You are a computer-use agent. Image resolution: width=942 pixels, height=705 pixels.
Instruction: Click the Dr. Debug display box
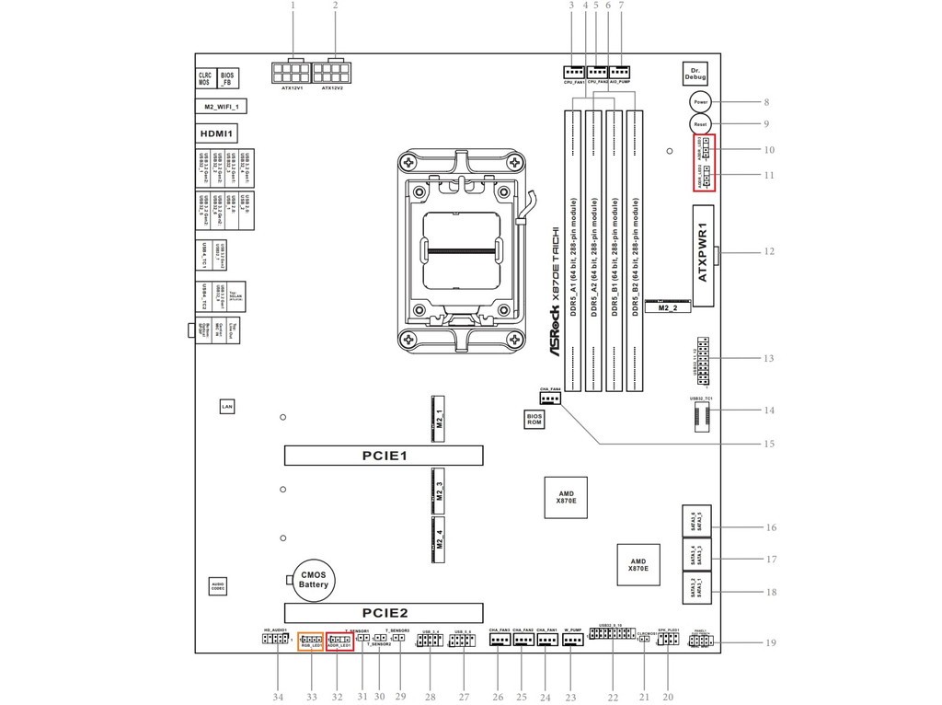coord(697,75)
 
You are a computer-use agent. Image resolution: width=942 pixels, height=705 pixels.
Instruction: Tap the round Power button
coord(699,101)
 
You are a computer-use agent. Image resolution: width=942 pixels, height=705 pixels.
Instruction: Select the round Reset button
coord(699,123)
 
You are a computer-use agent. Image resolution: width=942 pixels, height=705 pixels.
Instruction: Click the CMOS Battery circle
coord(314,580)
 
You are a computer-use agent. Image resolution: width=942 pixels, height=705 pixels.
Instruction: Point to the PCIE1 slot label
coord(384,456)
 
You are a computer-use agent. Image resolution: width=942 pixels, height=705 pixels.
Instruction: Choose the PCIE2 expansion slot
coord(384,613)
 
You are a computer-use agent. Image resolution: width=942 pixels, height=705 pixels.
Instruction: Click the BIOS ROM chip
coord(534,419)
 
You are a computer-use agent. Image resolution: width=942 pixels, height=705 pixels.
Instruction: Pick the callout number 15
coord(769,444)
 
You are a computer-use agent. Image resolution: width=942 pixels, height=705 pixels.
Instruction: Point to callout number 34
coord(278,697)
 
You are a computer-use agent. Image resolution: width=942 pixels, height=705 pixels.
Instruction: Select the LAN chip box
coord(227,406)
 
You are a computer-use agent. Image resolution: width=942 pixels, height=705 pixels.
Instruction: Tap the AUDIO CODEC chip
coord(217,585)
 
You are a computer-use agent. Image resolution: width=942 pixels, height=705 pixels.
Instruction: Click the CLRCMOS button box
coord(204,78)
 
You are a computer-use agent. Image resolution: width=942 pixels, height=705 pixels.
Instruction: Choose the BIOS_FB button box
coord(227,78)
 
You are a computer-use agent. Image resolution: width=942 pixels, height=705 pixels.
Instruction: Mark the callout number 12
coord(769,251)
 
